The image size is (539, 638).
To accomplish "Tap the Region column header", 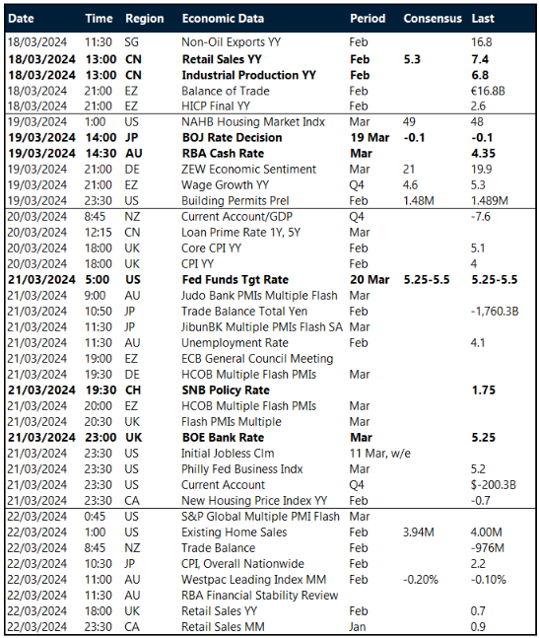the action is [145, 19].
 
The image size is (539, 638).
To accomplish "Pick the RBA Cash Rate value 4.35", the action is [485, 154].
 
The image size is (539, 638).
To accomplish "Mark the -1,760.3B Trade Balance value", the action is [500, 312].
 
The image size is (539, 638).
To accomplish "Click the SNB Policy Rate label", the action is [227, 390].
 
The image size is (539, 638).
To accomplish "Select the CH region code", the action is [134, 390].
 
